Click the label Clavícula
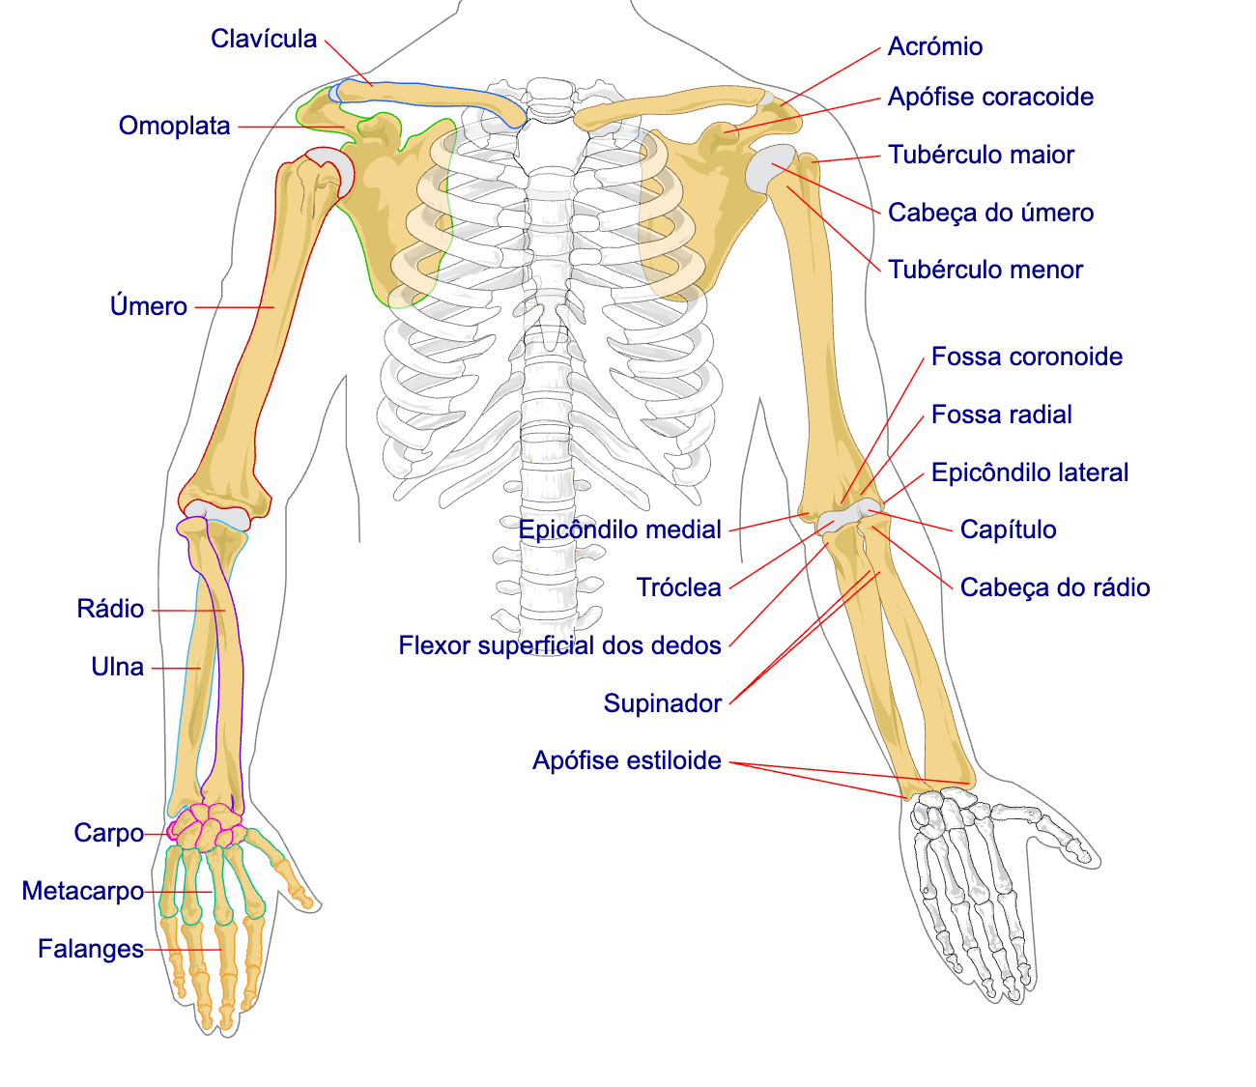click(264, 39)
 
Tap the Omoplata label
click(175, 126)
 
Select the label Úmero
click(148, 305)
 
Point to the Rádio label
click(110, 608)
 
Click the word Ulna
click(117, 667)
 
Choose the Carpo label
click(109, 833)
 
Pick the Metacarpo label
click(83, 891)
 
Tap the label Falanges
click(91, 949)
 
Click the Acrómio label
click(935, 46)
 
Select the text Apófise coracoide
click(990, 98)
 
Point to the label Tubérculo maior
click(981, 155)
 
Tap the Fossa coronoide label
click(1027, 357)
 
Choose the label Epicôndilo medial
click(620, 529)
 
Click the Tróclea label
click(679, 587)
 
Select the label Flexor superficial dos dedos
click(559, 645)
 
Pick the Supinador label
click(663, 703)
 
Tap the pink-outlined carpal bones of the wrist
click(207, 826)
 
